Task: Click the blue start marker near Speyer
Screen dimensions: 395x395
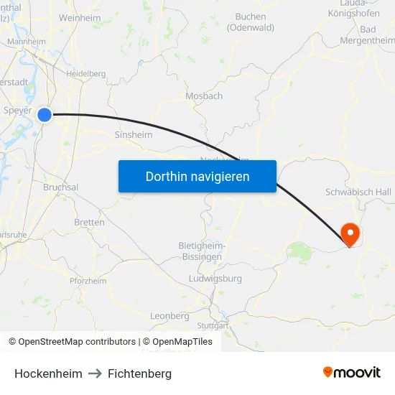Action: click(45, 114)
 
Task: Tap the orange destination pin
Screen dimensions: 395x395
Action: click(350, 233)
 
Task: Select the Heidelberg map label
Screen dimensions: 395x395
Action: click(85, 73)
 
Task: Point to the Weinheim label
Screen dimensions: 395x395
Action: click(80, 17)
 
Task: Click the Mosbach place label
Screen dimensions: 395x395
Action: click(204, 96)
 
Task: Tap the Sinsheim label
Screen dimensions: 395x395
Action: click(134, 134)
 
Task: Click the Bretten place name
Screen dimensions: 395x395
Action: click(89, 223)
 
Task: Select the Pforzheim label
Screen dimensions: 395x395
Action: click(88, 281)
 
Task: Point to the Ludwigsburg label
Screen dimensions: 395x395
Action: click(215, 279)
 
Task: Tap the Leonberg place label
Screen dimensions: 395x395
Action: click(169, 315)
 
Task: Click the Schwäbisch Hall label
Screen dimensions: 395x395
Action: click(358, 192)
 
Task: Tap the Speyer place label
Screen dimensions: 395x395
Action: click(18, 111)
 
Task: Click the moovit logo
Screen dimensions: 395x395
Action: click(351, 373)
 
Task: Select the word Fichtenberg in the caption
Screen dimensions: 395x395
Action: click(139, 373)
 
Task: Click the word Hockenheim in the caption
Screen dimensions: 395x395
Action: click(48, 373)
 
